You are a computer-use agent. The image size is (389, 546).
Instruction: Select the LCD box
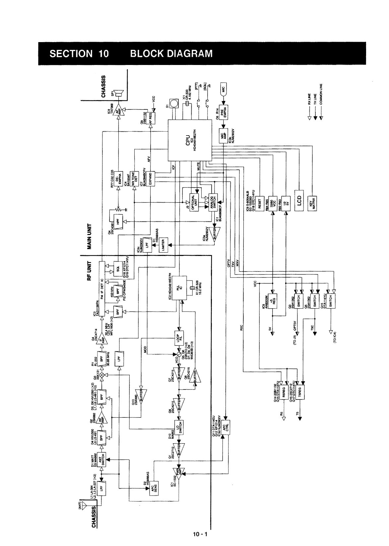pyautogui.click(x=299, y=199)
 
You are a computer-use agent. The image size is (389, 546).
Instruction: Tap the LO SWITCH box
pyautogui.click(x=179, y=427)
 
